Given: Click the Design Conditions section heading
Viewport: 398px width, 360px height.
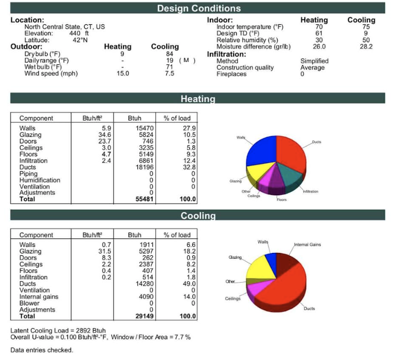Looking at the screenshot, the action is click(199, 8).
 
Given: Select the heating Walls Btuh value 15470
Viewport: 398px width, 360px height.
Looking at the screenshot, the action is click(144, 128).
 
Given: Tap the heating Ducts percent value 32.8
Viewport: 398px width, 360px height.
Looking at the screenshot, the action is click(189, 167).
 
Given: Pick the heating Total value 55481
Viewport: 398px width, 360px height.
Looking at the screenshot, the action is click(144, 199).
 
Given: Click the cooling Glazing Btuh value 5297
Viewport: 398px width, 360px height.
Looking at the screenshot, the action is click(146, 251).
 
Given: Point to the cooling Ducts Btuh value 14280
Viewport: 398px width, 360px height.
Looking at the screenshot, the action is click(144, 284).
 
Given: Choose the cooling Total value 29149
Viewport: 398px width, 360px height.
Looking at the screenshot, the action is click(144, 316).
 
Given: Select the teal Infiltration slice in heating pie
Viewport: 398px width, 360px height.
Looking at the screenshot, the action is click(289, 175).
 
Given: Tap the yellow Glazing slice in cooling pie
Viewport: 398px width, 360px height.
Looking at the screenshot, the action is click(260, 268).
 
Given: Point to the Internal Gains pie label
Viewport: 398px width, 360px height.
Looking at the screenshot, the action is click(307, 244).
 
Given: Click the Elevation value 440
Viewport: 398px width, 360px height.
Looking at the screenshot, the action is click(74, 33).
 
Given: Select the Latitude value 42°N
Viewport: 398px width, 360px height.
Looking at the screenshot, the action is click(80, 40).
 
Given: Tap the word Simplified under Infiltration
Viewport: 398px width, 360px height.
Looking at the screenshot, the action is click(315, 61).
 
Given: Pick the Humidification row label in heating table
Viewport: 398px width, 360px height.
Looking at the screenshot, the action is click(40, 180).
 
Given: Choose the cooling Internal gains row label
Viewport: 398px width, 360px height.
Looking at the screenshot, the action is click(39, 297).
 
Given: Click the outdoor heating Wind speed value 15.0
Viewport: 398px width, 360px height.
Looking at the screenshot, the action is click(123, 73).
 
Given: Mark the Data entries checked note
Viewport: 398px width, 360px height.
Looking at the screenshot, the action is click(42, 350).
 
